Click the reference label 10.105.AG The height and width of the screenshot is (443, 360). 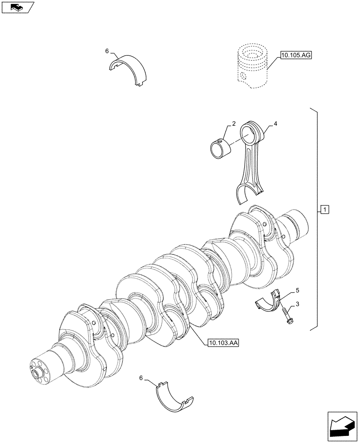tap(295, 55)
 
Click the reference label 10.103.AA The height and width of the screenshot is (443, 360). tap(223, 343)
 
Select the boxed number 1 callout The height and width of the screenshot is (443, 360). tap(325, 209)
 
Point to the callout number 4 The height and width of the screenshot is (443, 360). tap(275, 124)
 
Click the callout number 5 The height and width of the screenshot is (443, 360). tap(297, 291)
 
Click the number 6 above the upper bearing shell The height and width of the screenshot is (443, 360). tap(107, 51)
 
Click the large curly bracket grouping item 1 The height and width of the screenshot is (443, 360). tap(315, 219)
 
